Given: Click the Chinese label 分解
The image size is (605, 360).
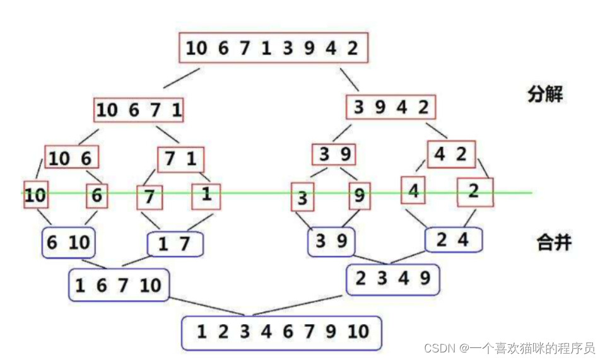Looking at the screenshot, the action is point(545,94).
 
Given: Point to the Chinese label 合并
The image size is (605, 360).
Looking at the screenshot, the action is point(554,243).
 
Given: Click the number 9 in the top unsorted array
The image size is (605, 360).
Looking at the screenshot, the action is point(309,48).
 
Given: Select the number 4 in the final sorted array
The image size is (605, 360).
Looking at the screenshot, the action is point(266,332).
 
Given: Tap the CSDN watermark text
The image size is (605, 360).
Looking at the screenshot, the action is point(509,348).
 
